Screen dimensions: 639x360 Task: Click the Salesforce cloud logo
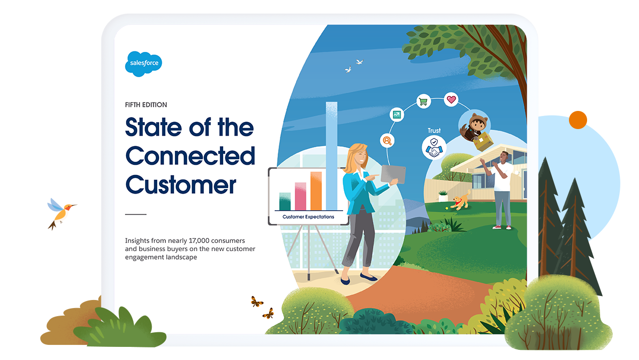(x=144, y=64)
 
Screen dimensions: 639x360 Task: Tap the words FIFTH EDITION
(x=146, y=105)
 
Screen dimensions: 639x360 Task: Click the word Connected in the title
(x=190, y=156)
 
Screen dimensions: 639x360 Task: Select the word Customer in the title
(x=181, y=185)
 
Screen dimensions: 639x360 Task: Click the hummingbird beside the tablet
(x=61, y=212)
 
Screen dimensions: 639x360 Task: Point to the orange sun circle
(x=578, y=120)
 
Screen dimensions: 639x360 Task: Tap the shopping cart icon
(x=423, y=101)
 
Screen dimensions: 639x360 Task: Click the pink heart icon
(x=451, y=99)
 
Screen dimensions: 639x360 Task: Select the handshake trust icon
(x=434, y=148)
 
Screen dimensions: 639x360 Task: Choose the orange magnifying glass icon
(x=387, y=141)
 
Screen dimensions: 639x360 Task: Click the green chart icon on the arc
(x=397, y=115)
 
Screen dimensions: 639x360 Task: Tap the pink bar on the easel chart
(x=300, y=197)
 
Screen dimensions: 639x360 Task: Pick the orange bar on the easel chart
(x=316, y=191)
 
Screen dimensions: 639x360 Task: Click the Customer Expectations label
(x=308, y=217)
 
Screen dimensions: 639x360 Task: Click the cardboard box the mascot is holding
(x=483, y=141)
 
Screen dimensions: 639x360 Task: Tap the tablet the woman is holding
(x=393, y=174)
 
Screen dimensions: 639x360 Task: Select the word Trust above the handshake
(x=434, y=131)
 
